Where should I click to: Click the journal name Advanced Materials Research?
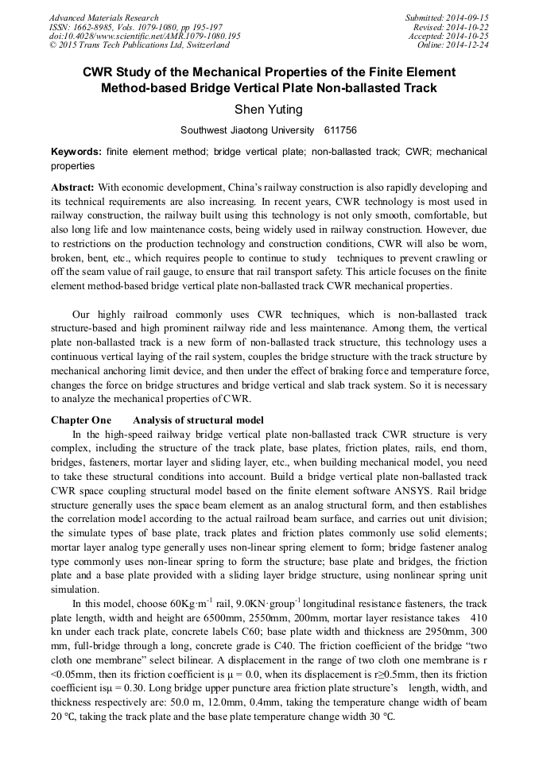pos(104,17)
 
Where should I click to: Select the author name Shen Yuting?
pos(269,109)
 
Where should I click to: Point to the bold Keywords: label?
pos(76,151)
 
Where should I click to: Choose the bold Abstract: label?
pos(73,188)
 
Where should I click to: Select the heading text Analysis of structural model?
pos(198,420)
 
